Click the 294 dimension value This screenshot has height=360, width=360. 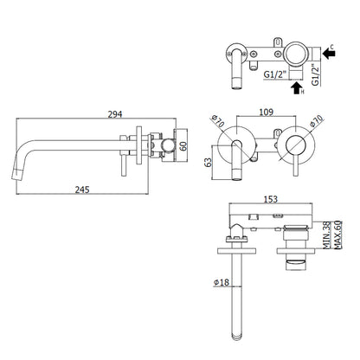tap(115, 114)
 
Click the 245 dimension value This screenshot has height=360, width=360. tap(82, 190)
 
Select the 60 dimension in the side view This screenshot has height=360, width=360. tap(183, 145)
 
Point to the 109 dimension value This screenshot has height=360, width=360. tap(266, 112)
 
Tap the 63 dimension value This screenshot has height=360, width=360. tap(208, 163)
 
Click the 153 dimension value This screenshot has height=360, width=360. tap(271, 199)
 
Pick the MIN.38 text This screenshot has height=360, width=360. tap(326, 235)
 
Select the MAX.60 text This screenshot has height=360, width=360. tap(337, 235)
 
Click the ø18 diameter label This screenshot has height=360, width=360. tap(222, 282)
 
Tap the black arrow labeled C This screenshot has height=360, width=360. tap(329, 54)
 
